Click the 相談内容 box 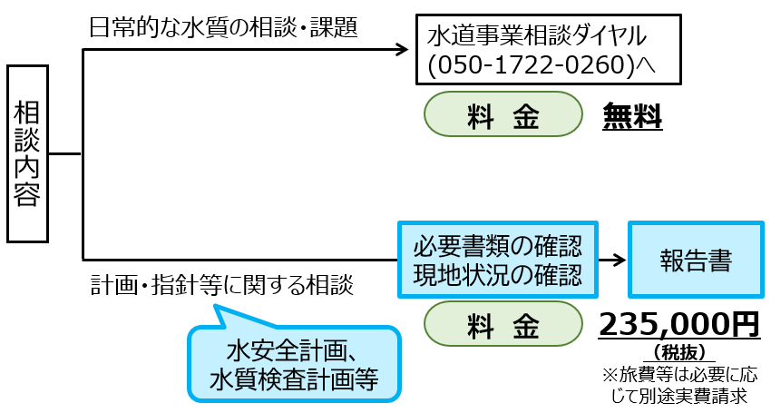coord(27,154)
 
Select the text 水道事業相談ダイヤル coord(537,37)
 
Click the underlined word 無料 coord(632,117)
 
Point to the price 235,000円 coord(678,323)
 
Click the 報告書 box coord(696,260)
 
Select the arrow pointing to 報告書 coord(613,260)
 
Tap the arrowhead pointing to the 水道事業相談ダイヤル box coord(402,50)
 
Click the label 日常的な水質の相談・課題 coord(223,26)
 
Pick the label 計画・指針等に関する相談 coord(221,285)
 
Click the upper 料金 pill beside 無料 coord(503,117)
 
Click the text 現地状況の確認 coord(498,272)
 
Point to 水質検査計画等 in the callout coord(293,379)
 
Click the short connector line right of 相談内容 coord(65,154)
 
